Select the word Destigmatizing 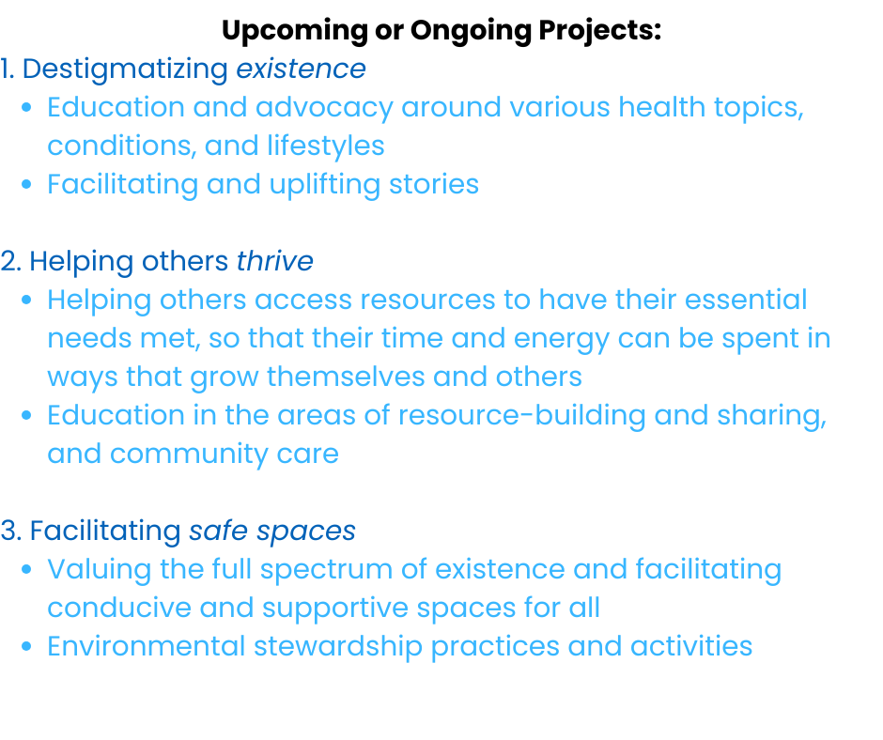pos(125,70)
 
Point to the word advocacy pos(324,108)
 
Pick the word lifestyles pos(326,146)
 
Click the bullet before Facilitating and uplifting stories pos(26,184)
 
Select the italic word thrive pos(275,261)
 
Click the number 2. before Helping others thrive pos(10,262)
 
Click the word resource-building pos(522,416)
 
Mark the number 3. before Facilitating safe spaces pos(11,532)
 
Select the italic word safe pos(218,531)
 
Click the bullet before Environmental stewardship pos(26,646)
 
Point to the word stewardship pos(338,647)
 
